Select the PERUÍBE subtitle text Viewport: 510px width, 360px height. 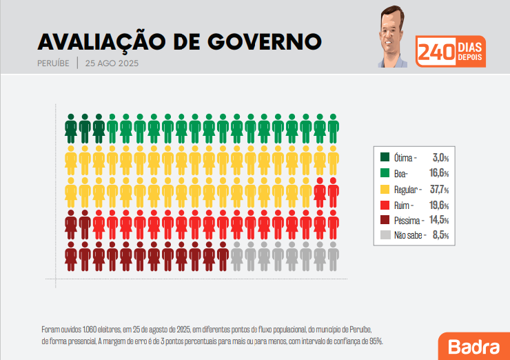coord(53,64)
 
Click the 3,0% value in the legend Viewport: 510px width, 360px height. coord(440,158)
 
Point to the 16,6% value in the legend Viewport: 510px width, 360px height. coord(440,174)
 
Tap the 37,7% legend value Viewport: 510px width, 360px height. coord(440,190)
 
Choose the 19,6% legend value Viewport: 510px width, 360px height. coord(440,205)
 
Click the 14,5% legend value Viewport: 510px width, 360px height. coord(440,221)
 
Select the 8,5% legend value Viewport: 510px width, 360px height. coord(441,236)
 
